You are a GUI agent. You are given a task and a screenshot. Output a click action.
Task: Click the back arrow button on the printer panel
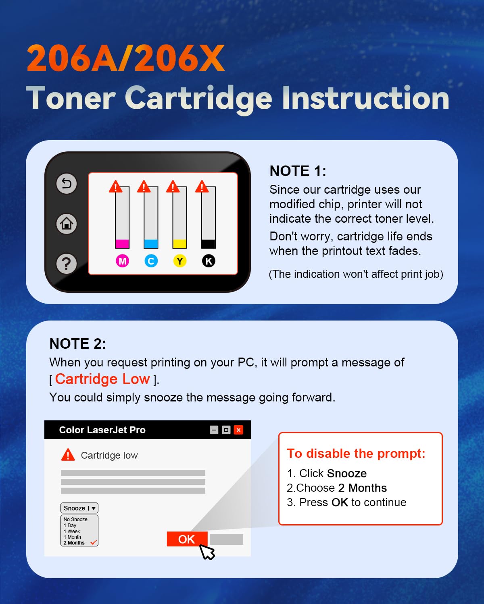pyautogui.click(x=67, y=184)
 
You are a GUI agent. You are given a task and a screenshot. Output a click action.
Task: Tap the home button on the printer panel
pyautogui.click(x=67, y=223)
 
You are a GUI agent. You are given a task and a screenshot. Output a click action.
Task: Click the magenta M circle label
pyautogui.click(x=122, y=261)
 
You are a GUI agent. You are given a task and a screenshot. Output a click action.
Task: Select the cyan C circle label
pyautogui.click(x=151, y=261)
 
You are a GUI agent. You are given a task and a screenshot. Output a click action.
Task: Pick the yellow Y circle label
pyautogui.click(x=179, y=261)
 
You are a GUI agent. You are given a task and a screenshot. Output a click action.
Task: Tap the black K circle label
pyautogui.click(x=209, y=261)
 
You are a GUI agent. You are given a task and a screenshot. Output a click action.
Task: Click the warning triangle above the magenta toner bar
pyautogui.click(x=116, y=187)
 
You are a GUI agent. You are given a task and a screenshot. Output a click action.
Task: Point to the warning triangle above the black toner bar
pyautogui.click(x=202, y=187)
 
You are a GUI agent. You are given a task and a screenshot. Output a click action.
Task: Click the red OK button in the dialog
pyautogui.click(x=187, y=539)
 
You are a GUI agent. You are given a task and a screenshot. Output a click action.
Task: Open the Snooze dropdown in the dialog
pyautogui.click(x=79, y=508)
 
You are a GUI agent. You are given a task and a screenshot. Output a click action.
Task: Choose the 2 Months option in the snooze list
pyautogui.click(x=74, y=543)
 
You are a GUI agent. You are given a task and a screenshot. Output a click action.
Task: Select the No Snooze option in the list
pyautogui.click(x=75, y=519)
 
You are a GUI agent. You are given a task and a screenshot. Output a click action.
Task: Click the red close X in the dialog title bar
pyautogui.click(x=239, y=430)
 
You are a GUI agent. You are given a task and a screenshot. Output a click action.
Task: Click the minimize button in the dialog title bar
pyautogui.click(x=214, y=430)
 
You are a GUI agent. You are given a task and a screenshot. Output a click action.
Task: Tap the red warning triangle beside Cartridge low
pyautogui.click(x=68, y=455)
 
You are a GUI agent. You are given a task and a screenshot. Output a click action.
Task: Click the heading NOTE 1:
pyautogui.click(x=298, y=171)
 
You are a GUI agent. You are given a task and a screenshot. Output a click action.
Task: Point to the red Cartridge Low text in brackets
pyautogui.click(x=102, y=379)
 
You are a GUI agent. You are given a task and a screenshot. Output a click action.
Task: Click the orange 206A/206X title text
pyautogui.click(x=125, y=59)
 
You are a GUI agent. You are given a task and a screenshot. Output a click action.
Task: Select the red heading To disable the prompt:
pyautogui.click(x=356, y=453)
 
